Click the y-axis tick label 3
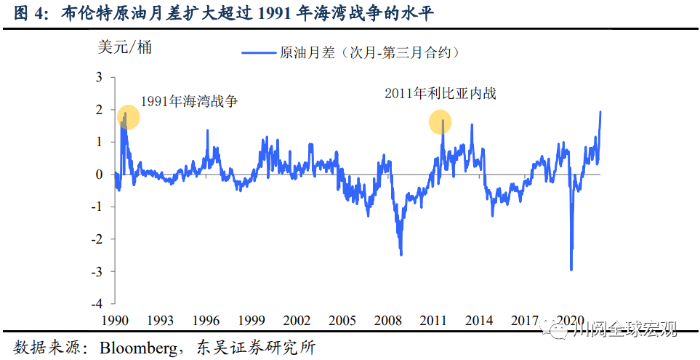pos(100,77)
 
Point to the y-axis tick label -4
pos(97,303)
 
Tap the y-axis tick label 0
pos(100,174)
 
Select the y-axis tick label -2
pos(97,239)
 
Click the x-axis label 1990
pos(114,320)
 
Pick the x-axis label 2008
pos(390,320)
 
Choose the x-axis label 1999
pos(252,320)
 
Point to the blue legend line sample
pos(258,52)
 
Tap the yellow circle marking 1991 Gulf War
pos(127,117)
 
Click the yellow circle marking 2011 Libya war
pos(440,122)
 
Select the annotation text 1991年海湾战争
pos(190,102)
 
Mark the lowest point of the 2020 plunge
pos(571,270)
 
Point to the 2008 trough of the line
pos(401,255)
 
